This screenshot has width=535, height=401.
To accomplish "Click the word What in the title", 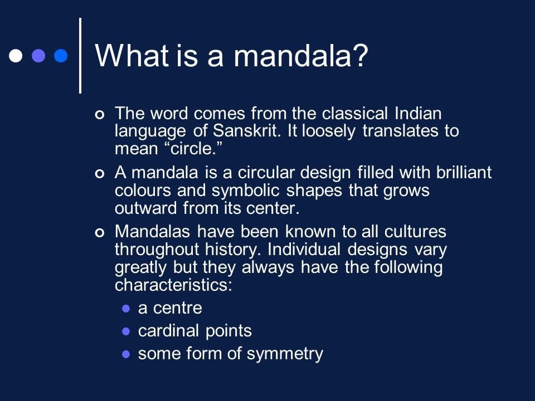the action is point(132,55).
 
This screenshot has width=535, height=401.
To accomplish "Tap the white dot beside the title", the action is point(16,56).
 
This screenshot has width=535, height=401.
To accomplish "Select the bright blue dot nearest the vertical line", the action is point(61,56).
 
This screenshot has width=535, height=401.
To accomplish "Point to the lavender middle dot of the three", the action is point(38,56).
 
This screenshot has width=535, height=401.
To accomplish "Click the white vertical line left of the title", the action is point(80,56).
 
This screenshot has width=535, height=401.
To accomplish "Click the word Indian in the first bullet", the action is point(418,113).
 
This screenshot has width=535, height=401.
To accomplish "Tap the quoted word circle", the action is point(193,149).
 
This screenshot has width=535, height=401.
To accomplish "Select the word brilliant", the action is point(464,172).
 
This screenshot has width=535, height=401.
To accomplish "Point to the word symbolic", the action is point(246,190).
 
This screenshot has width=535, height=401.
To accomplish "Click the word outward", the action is point(145,208).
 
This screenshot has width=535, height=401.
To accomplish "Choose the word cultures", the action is point(415,232).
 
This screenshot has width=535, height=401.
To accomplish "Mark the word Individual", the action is point(304,250).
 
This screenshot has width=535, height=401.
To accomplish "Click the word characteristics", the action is point(173,285).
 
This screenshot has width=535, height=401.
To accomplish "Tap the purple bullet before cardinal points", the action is point(126,331).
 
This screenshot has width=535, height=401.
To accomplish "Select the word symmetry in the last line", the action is point(285,354).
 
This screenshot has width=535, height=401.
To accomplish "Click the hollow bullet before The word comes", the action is point(99,115).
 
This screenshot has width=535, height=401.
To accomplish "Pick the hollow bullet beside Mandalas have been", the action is point(99,233).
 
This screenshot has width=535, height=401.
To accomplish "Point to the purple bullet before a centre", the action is point(126,309).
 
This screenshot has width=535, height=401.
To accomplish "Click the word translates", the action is point(400,131).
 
